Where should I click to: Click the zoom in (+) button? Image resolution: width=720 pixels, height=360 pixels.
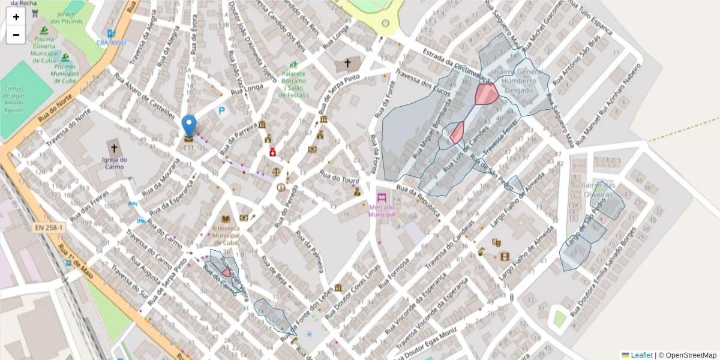[x=16, y=17]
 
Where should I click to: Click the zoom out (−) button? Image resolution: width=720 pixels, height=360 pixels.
[x=16, y=35]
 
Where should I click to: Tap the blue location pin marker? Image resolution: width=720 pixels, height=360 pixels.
[x=189, y=126]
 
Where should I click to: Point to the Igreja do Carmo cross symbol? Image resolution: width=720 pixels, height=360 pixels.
[x=114, y=148]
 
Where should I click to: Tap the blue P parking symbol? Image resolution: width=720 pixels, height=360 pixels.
[x=222, y=111]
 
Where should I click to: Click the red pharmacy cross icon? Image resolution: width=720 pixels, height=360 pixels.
[x=273, y=152]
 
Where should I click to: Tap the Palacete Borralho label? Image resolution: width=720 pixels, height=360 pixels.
[x=294, y=84]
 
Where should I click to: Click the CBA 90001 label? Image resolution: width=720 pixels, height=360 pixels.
[x=112, y=43]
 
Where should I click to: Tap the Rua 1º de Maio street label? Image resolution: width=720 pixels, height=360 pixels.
[x=73, y=265]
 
